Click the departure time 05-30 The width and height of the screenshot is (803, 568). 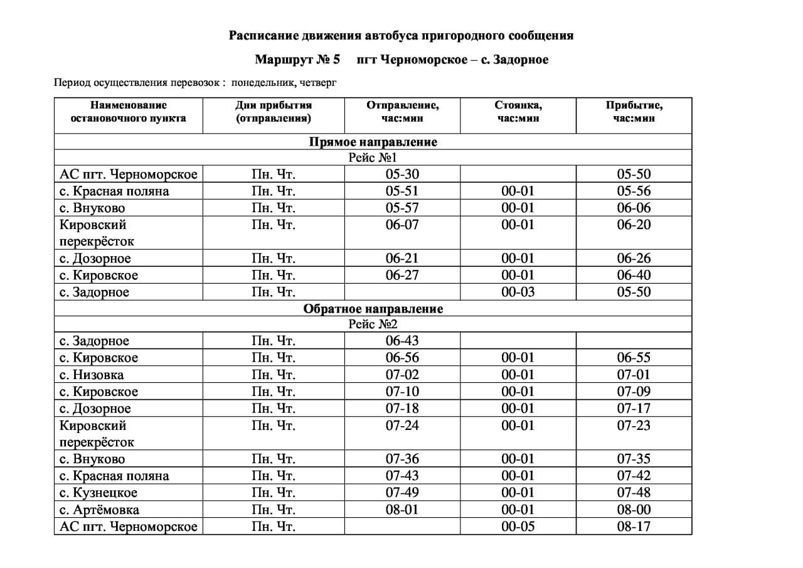[x=401, y=174]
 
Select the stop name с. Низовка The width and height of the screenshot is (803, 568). [x=92, y=375]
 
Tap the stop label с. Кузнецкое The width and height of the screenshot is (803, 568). [x=98, y=493]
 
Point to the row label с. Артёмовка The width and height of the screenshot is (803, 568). [x=99, y=510]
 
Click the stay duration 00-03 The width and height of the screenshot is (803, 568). [x=518, y=292]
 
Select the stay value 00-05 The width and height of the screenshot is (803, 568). [x=518, y=527]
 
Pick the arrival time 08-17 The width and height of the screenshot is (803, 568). [x=634, y=527]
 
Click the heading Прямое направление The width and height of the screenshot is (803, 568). [x=373, y=142]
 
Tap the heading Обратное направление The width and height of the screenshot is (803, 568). [x=373, y=309]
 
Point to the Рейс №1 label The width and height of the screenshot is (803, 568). [x=373, y=158]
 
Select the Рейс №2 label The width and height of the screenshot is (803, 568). [x=373, y=324]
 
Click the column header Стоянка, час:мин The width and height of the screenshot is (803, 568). [x=518, y=112]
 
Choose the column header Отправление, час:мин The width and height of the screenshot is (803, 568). [x=402, y=112]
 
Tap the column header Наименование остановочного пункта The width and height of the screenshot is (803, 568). [x=128, y=112]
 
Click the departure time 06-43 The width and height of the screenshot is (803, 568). [x=401, y=341]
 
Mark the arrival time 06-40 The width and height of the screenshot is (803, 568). [x=634, y=275]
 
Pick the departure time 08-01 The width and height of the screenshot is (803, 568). [x=401, y=510]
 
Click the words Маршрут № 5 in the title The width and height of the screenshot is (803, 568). [x=297, y=60]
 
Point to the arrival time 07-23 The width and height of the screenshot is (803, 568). [x=634, y=426]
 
